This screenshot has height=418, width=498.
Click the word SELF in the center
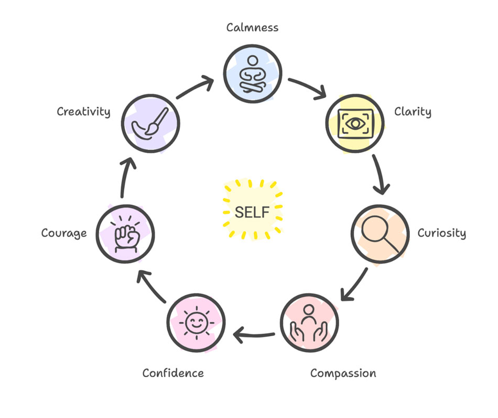[x=252, y=212]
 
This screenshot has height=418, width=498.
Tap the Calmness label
[x=252, y=28]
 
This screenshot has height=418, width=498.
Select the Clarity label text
[x=413, y=112]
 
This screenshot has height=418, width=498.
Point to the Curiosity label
[x=441, y=233]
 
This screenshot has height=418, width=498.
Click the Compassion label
[x=343, y=373]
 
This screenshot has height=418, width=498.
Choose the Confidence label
[x=173, y=373]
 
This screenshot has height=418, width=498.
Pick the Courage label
[x=64, y=233]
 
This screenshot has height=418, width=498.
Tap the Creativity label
[x=83, y=112]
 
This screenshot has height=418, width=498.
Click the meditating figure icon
[x=253, y=74]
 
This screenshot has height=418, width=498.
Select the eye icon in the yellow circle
[x=355, y=124]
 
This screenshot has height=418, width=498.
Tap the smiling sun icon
[x=196, y=323]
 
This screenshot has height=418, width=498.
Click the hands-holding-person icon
[x=309, y=323]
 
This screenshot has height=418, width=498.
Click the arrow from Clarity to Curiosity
[x=380, y=174]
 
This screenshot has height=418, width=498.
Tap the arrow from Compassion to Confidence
[x=253, y=335]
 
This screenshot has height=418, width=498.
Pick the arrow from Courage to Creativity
[x=125, y=177]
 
